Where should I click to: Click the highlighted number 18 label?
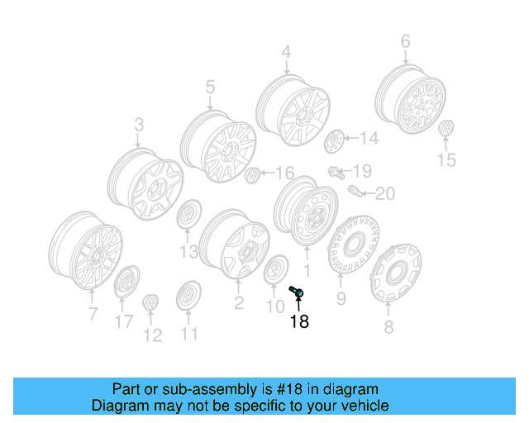tap(298, 321)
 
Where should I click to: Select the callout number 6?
tap(405, 40)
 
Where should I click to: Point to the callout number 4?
tap(286, 52)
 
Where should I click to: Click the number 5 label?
tap(210, 85)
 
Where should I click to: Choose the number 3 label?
tap(138, 125)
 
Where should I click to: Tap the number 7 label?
tap(93, 313)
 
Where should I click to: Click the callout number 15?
tap(446, 160)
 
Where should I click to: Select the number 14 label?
tap(369, 139)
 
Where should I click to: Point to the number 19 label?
tap(363, 171)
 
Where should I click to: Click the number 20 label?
tap(385, 194)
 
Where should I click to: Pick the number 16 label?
tap(284, 173)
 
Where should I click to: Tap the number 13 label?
tap(188, 250)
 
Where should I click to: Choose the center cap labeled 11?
tap(189, 296)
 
